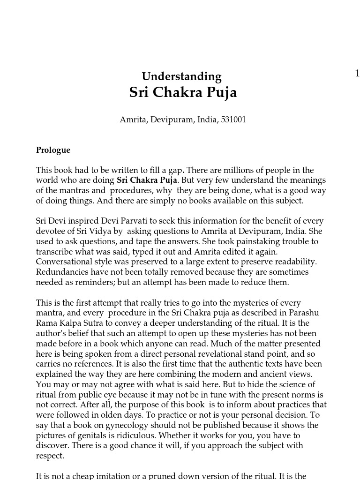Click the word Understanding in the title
tap(181, 76)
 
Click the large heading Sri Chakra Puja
tap(183, 92)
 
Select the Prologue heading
tap(53, 150)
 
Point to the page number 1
tap(357, 73)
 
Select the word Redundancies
tap(60, 272)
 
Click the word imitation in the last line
tap(116, 476)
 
